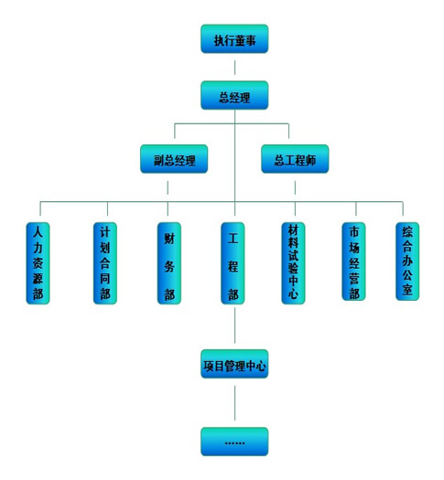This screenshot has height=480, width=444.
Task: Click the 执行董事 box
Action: click(x=234, y=39)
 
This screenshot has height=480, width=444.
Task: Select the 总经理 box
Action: click(x=234, y=95)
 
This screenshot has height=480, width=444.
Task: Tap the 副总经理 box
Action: click(x=174, y=159)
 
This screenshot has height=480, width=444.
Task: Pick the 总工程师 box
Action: click(x=295, y=159)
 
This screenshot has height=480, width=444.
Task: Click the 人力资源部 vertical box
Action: click(x=38, y=263)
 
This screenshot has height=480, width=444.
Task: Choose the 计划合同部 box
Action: click(x=105, y=263)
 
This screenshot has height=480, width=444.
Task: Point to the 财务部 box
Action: click(x=169, y=263)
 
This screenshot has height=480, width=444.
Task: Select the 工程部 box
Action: click(x=233, y=263)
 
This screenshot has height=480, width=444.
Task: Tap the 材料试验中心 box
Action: click(x=293, y=263)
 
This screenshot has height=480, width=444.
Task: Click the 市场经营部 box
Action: click(x=353, y=261)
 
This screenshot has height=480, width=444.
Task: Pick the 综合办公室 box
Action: click(x=407, y=261)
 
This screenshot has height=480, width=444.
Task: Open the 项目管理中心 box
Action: click(x=234, y=364)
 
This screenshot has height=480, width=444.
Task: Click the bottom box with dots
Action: click(x=234, y=442)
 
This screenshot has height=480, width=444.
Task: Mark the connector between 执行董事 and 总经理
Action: click(x=235, y=68)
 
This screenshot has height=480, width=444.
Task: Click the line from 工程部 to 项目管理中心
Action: click(x=235, y=325)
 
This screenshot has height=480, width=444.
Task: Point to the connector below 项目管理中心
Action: click(x=235, y=403)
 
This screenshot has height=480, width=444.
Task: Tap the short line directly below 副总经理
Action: click(x=168, y=187)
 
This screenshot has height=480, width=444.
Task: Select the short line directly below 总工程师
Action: click(x=295, y=187)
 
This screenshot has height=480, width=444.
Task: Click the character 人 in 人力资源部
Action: click(x=38, y=232)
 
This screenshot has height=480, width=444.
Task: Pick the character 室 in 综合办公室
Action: click(x=407, y=289)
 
